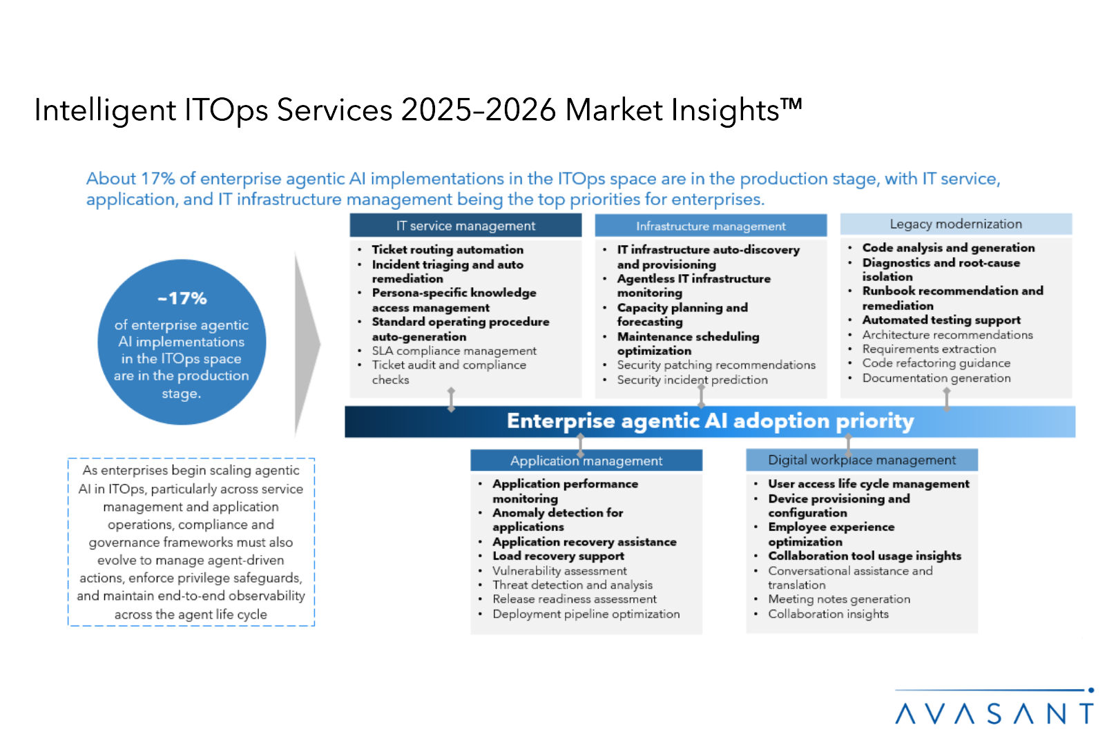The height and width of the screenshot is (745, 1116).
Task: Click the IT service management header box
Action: coord(465,226)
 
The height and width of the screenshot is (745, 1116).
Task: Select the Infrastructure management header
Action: coord(711,226)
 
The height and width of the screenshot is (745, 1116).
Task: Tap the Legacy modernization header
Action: coord(956,224)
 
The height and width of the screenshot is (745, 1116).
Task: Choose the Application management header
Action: coord(586,461)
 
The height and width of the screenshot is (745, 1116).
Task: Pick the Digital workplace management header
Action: coord(862,460)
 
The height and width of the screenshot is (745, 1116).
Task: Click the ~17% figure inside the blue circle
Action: coord(182,298)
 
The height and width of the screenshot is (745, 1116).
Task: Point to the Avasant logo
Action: coord(994,707)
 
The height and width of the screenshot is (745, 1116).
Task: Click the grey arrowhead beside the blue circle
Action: coord(307,344)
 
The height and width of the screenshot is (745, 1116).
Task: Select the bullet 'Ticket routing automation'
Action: coord(448,249)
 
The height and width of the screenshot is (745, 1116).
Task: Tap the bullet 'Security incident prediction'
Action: coord(692,380)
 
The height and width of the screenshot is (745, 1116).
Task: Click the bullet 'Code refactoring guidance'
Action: coord(936,363)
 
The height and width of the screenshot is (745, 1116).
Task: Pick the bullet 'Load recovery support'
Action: coord(558,556)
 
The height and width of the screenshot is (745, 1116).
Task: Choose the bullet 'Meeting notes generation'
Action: coord(839,599)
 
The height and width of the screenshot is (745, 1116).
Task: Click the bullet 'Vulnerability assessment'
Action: coord(559,571)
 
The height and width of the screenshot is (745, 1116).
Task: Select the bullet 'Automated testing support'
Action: coord(941,320)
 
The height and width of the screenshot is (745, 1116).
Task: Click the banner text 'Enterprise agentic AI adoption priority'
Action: coord(711,421)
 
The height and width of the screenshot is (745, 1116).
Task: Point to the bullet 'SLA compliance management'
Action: coord(454,351)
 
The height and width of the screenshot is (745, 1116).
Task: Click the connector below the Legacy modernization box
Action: coord(947,399)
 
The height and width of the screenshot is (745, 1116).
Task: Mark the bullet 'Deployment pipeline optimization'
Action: coord(586,614)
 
